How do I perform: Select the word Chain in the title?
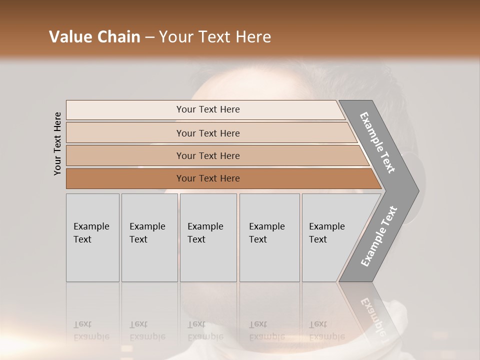click(x=118, y=37)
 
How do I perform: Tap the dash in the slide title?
click(x=149, y=37)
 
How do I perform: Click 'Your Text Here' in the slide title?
click(x=215, y=37)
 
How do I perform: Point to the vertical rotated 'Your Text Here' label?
click(x=57, y=143)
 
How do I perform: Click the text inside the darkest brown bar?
click(x=208, y=178)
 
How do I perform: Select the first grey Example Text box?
click(x=92, y=237)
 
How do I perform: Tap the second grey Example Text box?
click(x=149, y=237)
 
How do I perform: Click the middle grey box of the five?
click(x=208, y=237)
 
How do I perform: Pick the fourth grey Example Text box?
click(x=269, y=237)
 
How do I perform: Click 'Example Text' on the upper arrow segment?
click(x=377, y=142)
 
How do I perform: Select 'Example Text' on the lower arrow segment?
click(x=378, y=236)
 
